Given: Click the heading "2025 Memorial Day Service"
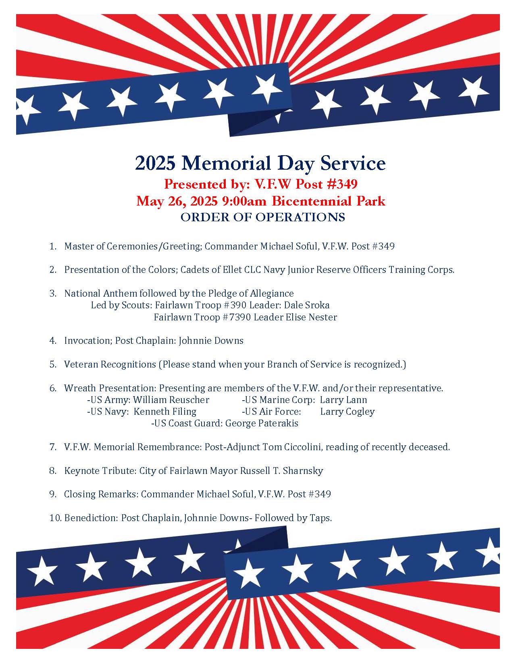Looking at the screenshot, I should pyautogui.click(x=260, y=163).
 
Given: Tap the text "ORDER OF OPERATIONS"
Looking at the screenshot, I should pyautogui.click(x=262, y=217).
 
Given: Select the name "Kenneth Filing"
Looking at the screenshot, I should pyautogui.click(x=165, y=411).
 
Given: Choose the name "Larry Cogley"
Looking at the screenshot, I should pyautogui.click(x=348, y=411).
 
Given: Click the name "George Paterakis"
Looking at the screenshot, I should pyautogui.click(x=262, y=423).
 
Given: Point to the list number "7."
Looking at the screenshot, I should pyautogui.click(x=53, y=447).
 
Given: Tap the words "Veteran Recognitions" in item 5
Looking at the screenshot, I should pyautogui.click(x=110, y=364).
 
